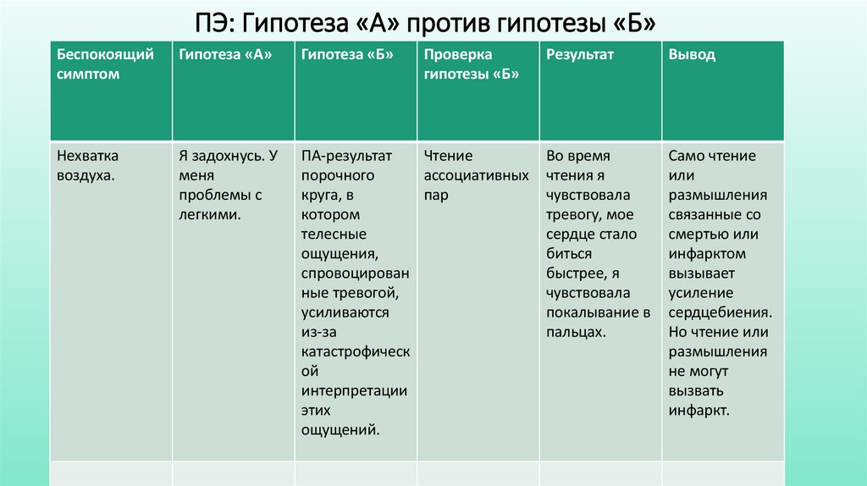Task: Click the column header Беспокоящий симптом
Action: [105, 64]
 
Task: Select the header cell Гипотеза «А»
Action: [225, 55]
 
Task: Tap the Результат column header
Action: [580, 55]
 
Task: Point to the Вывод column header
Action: [692, 55]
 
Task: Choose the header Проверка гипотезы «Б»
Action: [471, 64]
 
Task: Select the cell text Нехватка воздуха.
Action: [88, 166]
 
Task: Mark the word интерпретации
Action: [354, 391]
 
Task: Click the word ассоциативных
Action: [477, 176]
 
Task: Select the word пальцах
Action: [576, 333]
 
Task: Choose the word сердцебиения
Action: [721, 313]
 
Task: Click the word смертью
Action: [702, 235]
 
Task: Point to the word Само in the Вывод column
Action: [686, 157]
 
